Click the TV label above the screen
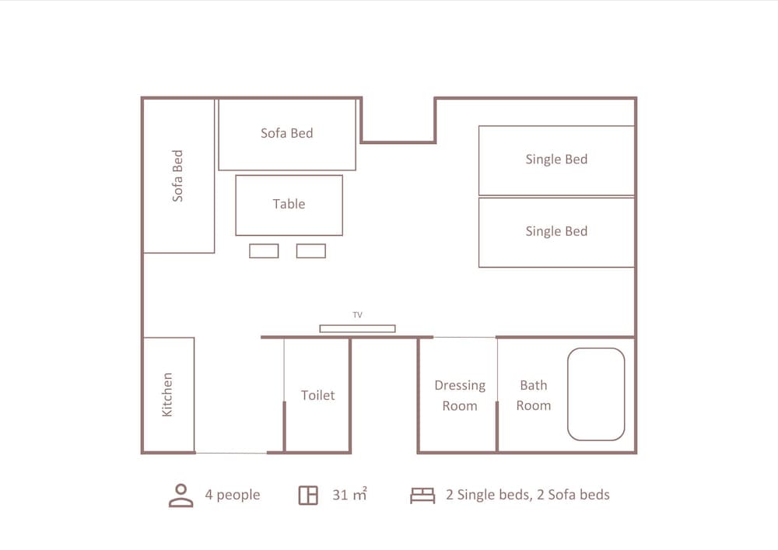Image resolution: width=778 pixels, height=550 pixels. pos(357,315)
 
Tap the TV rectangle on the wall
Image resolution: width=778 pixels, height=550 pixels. pos(357,328)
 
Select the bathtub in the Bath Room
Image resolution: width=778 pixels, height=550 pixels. pos(596,394)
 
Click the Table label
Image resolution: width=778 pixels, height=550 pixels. pos(289,204)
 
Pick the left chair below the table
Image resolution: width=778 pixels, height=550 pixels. pos(264,251)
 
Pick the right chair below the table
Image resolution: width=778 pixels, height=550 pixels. pos(311,251)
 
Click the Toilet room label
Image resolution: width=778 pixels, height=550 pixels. pos(317,395)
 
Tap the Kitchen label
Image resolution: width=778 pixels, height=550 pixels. pos(167,394)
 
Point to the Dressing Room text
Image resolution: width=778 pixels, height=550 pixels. pos(460,395)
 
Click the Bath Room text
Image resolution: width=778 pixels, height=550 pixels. pos(534,395)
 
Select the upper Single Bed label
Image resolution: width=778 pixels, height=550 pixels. pos(556,159)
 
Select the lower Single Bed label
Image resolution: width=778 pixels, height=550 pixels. pos(556,231)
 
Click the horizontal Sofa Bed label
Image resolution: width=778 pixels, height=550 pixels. pos(287,133)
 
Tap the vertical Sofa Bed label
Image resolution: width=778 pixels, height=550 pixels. pos(177,176)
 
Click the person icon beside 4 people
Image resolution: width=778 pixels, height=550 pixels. pos(181,496)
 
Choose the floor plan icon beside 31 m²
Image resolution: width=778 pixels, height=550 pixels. pos(308,496)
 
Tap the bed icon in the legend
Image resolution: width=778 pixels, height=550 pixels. pos(422,496)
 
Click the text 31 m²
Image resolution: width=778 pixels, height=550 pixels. pos(350,495)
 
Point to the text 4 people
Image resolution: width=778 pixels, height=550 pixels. pos(233,495)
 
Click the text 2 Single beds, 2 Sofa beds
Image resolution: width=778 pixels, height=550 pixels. pos(528,495)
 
